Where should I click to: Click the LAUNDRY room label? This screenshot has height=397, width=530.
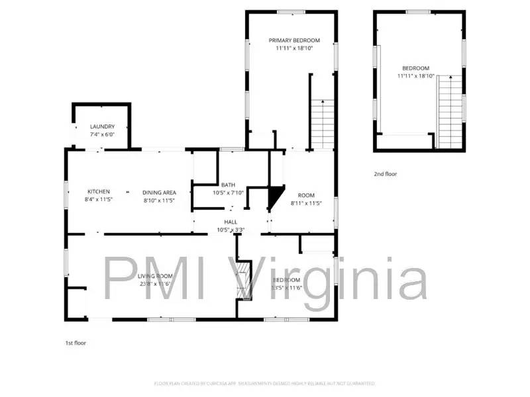tap(103, 126)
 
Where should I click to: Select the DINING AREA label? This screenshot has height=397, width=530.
tap(159, 192)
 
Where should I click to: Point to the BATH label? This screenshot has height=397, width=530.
tap(228, 185)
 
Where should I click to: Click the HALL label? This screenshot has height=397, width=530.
tap(231, 222)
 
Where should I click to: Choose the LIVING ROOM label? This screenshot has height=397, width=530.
tap(156, 276)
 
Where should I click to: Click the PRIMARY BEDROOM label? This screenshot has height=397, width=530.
tap(293, 40)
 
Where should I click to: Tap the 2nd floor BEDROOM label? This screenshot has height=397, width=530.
tap(415, 68)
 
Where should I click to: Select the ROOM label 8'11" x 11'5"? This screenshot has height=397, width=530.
tap(305, 195)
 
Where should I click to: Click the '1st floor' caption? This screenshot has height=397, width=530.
tap(75, 343)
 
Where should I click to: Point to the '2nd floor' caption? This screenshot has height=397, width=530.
tap(386, 174)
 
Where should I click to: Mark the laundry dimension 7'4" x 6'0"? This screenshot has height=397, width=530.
tap(103, 134)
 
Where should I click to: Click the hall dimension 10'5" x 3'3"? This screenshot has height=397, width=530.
tap(231, 230)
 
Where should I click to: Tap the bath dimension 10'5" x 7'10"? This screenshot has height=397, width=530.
tap(228, 193)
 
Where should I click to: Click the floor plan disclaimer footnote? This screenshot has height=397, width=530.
tap(264, 383)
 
